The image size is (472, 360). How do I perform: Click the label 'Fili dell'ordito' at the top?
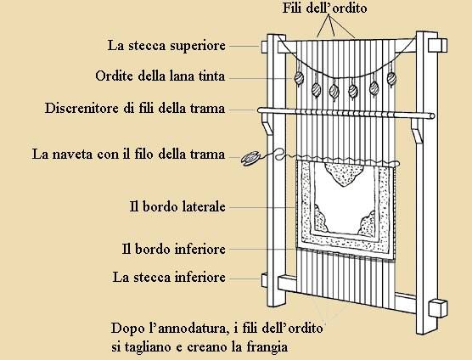(324, 8)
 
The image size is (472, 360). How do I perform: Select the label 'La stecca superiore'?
(166, 46)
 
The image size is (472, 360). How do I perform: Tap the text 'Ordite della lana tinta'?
(160, 76)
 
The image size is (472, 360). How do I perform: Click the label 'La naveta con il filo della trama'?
(128, 155)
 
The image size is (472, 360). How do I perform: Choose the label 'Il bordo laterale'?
(177, 207)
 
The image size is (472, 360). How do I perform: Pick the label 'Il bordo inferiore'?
(174, 249)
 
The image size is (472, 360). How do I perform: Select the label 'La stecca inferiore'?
(169, 277)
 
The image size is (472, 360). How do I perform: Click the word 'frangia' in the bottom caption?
(267, 346)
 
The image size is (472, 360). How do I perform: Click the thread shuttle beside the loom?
(250, 159)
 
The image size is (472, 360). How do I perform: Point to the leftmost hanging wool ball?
(299, 78)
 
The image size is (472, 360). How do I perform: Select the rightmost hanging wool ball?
(391, 79)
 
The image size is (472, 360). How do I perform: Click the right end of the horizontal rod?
(433, 115)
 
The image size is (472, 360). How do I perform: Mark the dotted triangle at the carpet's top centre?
(344, 174)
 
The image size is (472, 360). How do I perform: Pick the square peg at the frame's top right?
(437, 46)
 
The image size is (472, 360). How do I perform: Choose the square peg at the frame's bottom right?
(438, 308)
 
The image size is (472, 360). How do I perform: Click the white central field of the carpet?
(345, 205)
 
